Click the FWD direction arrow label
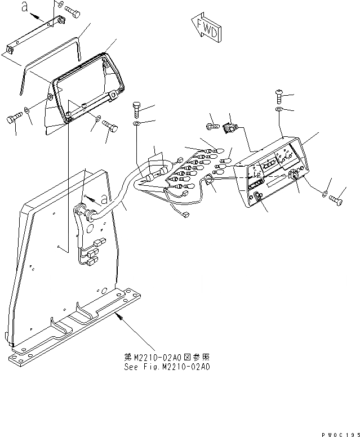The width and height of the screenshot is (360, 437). click(x=206, y=30)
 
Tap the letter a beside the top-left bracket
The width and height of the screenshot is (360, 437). click(x=25, y=7)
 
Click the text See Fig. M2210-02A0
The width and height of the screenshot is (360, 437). click(x=167, y=367)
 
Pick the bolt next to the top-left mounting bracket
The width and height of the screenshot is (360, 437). click(x=72, y=10)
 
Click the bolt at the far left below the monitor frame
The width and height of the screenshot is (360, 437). click(x=14, y=118)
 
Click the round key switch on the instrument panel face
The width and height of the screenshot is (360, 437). click(x=294, y=176)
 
